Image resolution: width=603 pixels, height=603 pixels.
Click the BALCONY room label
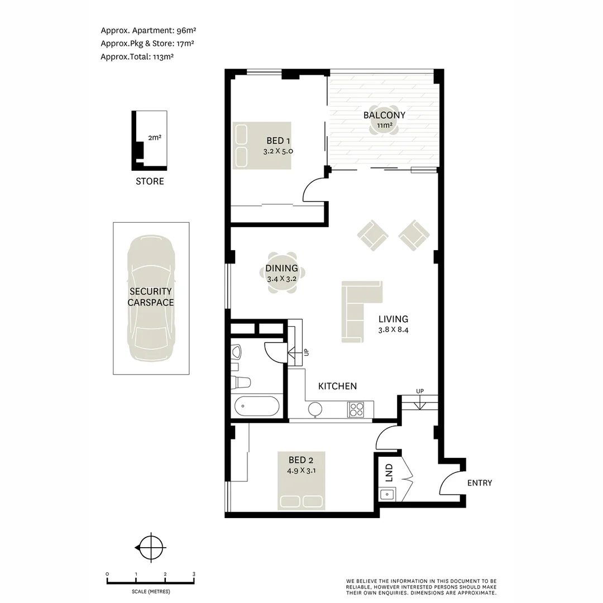point(384,115)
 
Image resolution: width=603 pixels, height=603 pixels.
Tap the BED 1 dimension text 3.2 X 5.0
point(278,151)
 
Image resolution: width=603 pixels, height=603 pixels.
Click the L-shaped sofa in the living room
point(357,310)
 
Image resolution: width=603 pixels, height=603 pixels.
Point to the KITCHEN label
point(337,386)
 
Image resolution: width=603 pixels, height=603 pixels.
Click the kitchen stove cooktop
point(356,409)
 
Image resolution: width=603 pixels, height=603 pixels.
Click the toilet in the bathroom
point(242,382)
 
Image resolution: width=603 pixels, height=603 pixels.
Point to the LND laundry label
point(389,472)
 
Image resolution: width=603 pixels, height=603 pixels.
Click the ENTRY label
point(480,483)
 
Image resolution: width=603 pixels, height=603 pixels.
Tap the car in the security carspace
point(151,299)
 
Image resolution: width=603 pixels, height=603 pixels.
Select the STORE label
point(150,181)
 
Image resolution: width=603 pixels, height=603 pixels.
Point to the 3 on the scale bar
point(194,574)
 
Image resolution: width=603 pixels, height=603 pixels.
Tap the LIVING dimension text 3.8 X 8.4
point(393,329)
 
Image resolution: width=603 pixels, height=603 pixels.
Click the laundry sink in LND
point(386,494)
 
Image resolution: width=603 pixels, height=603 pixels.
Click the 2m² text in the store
point(155,136)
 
